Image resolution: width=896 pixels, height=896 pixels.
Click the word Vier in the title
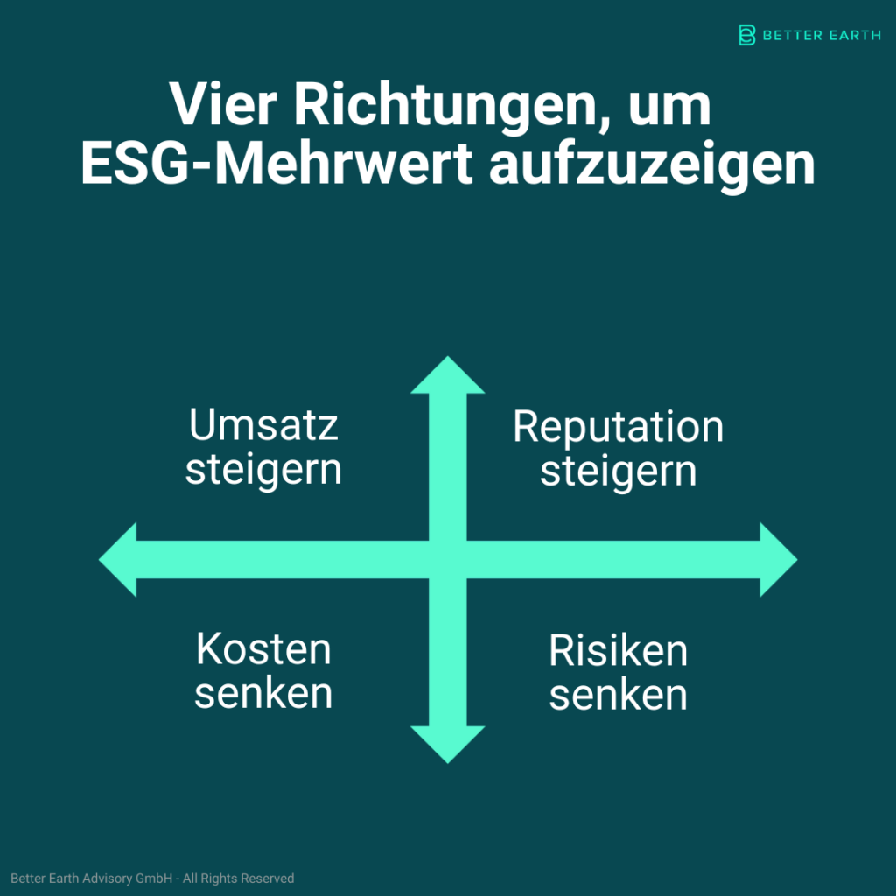click(x=223, y=105)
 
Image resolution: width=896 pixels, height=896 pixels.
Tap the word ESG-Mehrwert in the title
click(x=276, y=164)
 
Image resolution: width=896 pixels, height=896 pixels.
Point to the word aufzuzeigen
click(x=652, y=167)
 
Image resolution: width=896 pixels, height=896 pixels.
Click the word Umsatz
click(x=263, y=424)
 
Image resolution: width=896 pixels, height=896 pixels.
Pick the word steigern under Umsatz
click(x=263, y=472)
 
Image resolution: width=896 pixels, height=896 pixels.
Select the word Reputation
click(x=618, y=428)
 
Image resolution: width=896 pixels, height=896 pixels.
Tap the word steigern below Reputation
click(x=619, y=473)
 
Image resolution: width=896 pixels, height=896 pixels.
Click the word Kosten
click(x=263, y=649)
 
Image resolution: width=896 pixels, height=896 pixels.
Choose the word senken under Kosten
click(x=263, y=693)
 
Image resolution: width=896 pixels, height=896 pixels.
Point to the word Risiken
click(x=618, y=651)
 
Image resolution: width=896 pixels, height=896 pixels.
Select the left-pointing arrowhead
click(x=118, y=559)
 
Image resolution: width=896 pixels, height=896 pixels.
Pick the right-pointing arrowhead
click(x=778, y=559)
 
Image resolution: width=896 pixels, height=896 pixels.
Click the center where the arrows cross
click(x=448, y=559)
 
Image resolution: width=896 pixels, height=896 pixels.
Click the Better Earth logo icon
click(x=747, y=35)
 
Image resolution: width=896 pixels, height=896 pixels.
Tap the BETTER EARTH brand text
click(x=822, y=35)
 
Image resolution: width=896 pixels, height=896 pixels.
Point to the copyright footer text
click(x=152, y=878)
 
